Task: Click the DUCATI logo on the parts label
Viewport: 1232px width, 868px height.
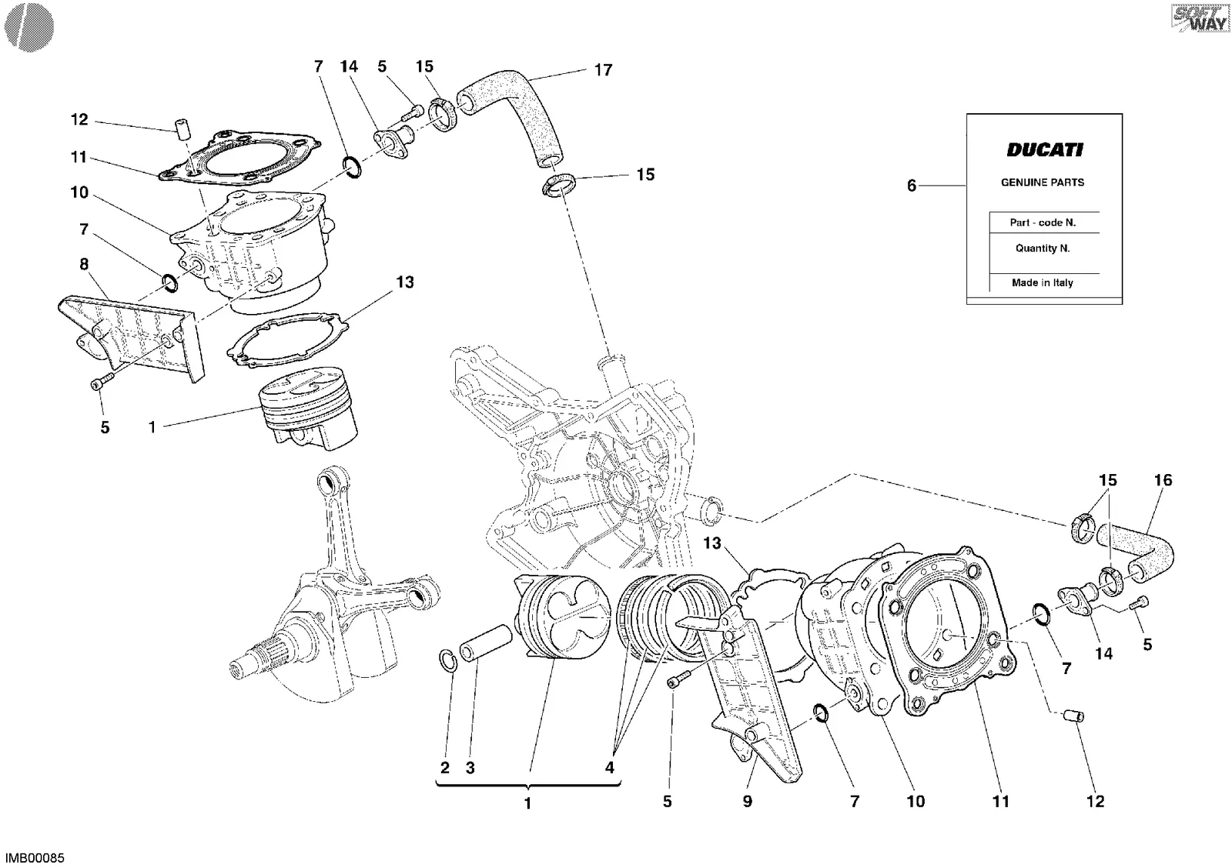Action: tap(1044, 150)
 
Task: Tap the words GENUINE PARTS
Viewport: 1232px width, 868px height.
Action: tap(1043, 182)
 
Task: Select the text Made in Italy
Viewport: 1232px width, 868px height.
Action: tap(1043, 282)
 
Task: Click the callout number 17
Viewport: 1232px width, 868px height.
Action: tap(604, 70)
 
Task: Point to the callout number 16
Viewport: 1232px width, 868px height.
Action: tap(1163, 480)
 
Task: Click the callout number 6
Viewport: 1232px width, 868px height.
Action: tap(912, 185)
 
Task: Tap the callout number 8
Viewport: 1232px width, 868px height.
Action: tap(84, 265)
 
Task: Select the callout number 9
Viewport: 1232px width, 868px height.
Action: tap(748, 801)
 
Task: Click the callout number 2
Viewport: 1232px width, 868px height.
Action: tap(445, 767)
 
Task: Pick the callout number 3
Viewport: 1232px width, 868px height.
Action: tap(470, 767)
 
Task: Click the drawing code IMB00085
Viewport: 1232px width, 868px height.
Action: tap(35, 858)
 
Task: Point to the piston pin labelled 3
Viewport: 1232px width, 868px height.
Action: tap(486, 642)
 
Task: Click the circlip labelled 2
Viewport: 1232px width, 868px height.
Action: tap(447, 661)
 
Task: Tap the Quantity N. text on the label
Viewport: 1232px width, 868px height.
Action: tap(1043, 249)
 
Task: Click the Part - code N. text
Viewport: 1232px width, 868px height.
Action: tap(1043, 222)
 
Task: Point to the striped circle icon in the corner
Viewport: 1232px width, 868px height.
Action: tap(29, 28)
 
